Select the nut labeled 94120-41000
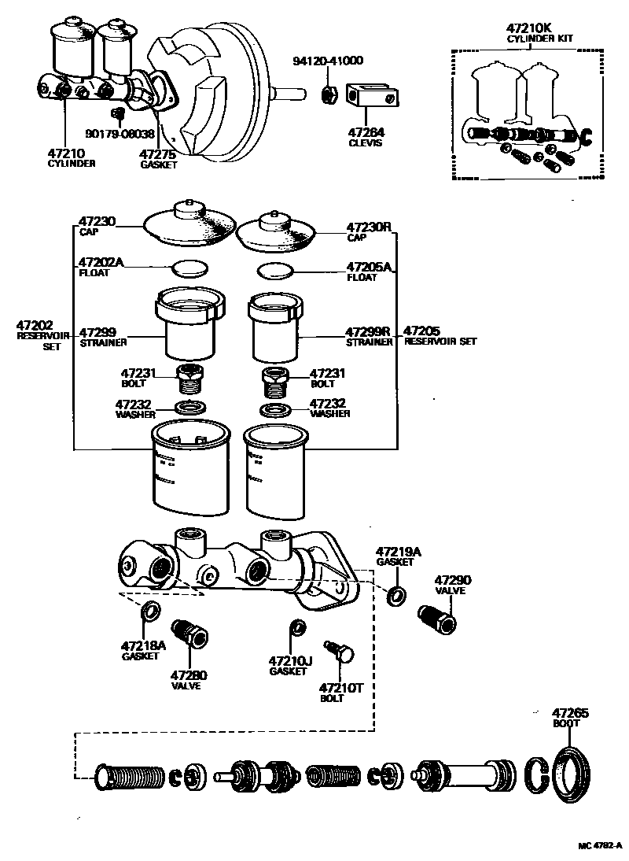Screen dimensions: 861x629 pyautogui.click(x=331, y=94)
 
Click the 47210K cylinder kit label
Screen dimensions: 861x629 pyautogui.click(x=531, y=32)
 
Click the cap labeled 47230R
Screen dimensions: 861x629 pyautogui.click(x=274, y=228)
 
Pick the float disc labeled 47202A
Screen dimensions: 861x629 pyautogui.click(x=190, y=268)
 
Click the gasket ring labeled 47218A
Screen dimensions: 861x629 pyautogui.click(x=149, y=611)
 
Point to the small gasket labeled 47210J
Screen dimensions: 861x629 pyautogui.click(x=297, y=627)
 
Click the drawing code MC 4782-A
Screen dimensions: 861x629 pyautogui.click(x=600, y=846)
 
